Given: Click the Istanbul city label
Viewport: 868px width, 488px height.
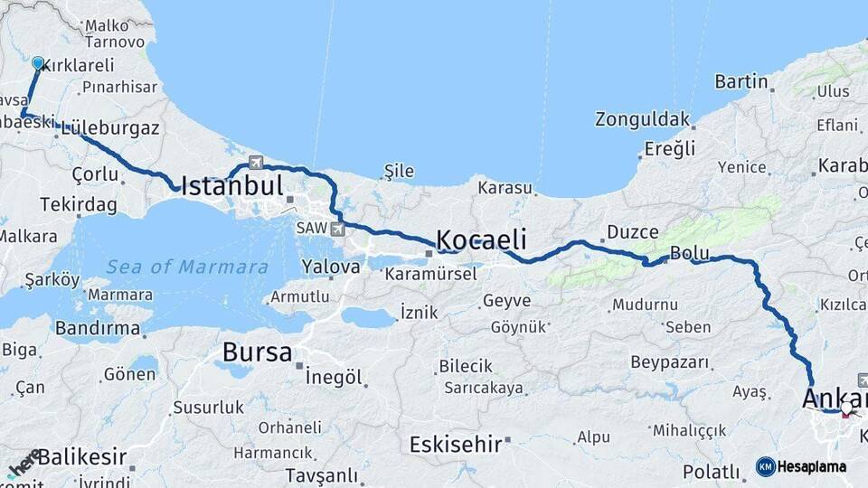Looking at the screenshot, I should click(232, 187).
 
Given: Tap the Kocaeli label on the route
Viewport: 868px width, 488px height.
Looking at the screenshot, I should click(481, 239).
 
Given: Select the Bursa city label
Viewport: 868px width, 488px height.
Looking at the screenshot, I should click(258, 352).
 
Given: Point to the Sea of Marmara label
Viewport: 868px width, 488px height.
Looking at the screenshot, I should click(187, 267).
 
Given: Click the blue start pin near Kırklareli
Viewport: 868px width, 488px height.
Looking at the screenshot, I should click(38, 63).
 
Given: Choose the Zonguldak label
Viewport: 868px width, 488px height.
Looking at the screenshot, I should click(642, 119).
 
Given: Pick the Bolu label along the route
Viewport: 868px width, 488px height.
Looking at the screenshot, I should click(689, 253).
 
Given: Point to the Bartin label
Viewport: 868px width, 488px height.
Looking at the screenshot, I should click(741, 81).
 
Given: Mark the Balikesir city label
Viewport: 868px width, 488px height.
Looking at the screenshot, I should click(81, 456).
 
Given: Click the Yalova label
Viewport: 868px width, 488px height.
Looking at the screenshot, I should click(331, 267).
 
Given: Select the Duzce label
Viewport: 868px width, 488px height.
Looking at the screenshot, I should click(633, 232).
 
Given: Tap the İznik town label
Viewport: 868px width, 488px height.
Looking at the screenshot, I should click(420, 313).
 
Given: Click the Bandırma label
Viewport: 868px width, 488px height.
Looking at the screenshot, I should click(98, 328).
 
